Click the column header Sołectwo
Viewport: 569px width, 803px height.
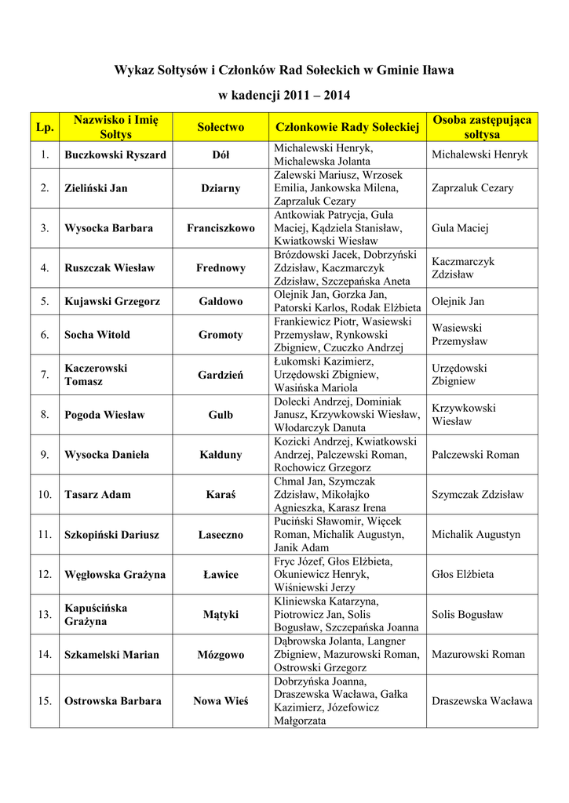pyautogui.click(x=221, y=127)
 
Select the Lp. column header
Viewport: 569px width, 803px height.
pyautogui.click(x=45, y=127)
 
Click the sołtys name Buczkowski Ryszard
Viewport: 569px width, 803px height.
pyautogui.click(x=115, y=155)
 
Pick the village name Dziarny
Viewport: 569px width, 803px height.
pyautogui.click(x=221, y=188)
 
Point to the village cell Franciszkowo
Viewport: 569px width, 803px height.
pyautogui.click(x=221, y=228)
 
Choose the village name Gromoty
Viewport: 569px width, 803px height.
pyautogui.click(x=221, y=335)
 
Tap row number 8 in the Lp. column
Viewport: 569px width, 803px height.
pyautogui.click(x=45, y=415)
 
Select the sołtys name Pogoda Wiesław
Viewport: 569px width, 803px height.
pyautogui.click(x=104, y=415)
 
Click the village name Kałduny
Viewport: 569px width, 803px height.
pyautogui.click(x=221, y=455)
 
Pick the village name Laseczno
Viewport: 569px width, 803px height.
pyautogui.click(x=221, y=535)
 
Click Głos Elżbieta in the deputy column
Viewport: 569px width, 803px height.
pyautogui.click(x=462, y=575)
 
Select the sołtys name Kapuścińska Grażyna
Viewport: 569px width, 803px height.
pyautogui.click(x=96, y=615)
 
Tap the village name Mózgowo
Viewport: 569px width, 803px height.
pyautogui.click(x=221, y=655)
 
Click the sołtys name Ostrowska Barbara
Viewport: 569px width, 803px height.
pyautogui.click(x=113, y=701)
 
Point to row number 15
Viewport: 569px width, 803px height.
pyautogui.click(x=45, y=701)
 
